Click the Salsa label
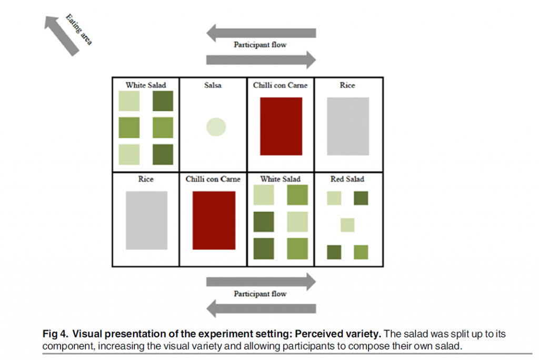(213, 85)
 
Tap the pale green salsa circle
(216, 127)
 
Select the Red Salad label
(347, 179)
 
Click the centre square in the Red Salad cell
(347, 225)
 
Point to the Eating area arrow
(61, 35)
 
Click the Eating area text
(79, 29)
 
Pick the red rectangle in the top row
(281, 126)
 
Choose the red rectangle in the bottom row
(213, 220)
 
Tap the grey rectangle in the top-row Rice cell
(348, 126)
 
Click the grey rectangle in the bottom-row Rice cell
(146, 220)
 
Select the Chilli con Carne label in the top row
(280, 85)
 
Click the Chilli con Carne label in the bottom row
(213, 179)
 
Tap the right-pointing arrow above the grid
(262, 60)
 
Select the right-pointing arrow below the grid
(262, 282)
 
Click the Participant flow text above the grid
(260, 45)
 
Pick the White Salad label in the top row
(146, 85)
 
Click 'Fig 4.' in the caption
(55, 334)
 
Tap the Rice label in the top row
(347, 85)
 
